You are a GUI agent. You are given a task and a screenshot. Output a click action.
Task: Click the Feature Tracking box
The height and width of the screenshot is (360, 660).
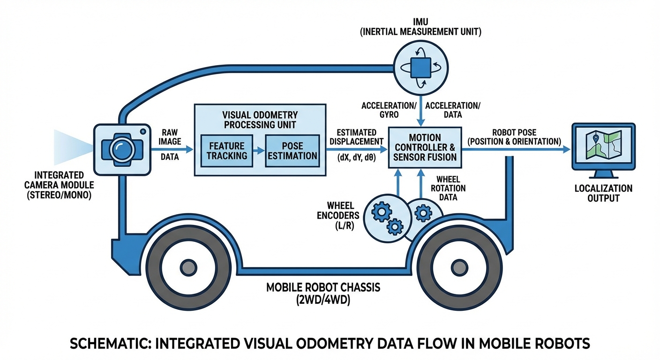tap(226, 151)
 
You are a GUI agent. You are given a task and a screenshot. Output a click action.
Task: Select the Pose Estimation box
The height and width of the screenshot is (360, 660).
tap(293, 151)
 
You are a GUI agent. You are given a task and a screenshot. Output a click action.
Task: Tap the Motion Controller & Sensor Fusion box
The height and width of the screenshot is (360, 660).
tap(425, 148)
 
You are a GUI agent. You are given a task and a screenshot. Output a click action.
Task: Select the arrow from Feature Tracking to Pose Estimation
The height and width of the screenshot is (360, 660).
tap(259, 151)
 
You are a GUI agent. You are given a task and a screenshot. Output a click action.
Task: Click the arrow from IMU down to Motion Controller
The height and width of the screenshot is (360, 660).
tap(420, 110)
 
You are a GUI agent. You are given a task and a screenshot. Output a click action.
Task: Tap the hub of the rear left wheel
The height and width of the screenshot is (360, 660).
tap(188, 267)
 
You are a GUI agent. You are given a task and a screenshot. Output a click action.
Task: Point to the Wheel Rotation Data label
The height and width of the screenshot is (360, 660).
tap(448, 188)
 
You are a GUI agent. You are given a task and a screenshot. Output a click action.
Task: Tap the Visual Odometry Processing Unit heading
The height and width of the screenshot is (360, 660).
tap(260, 119)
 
